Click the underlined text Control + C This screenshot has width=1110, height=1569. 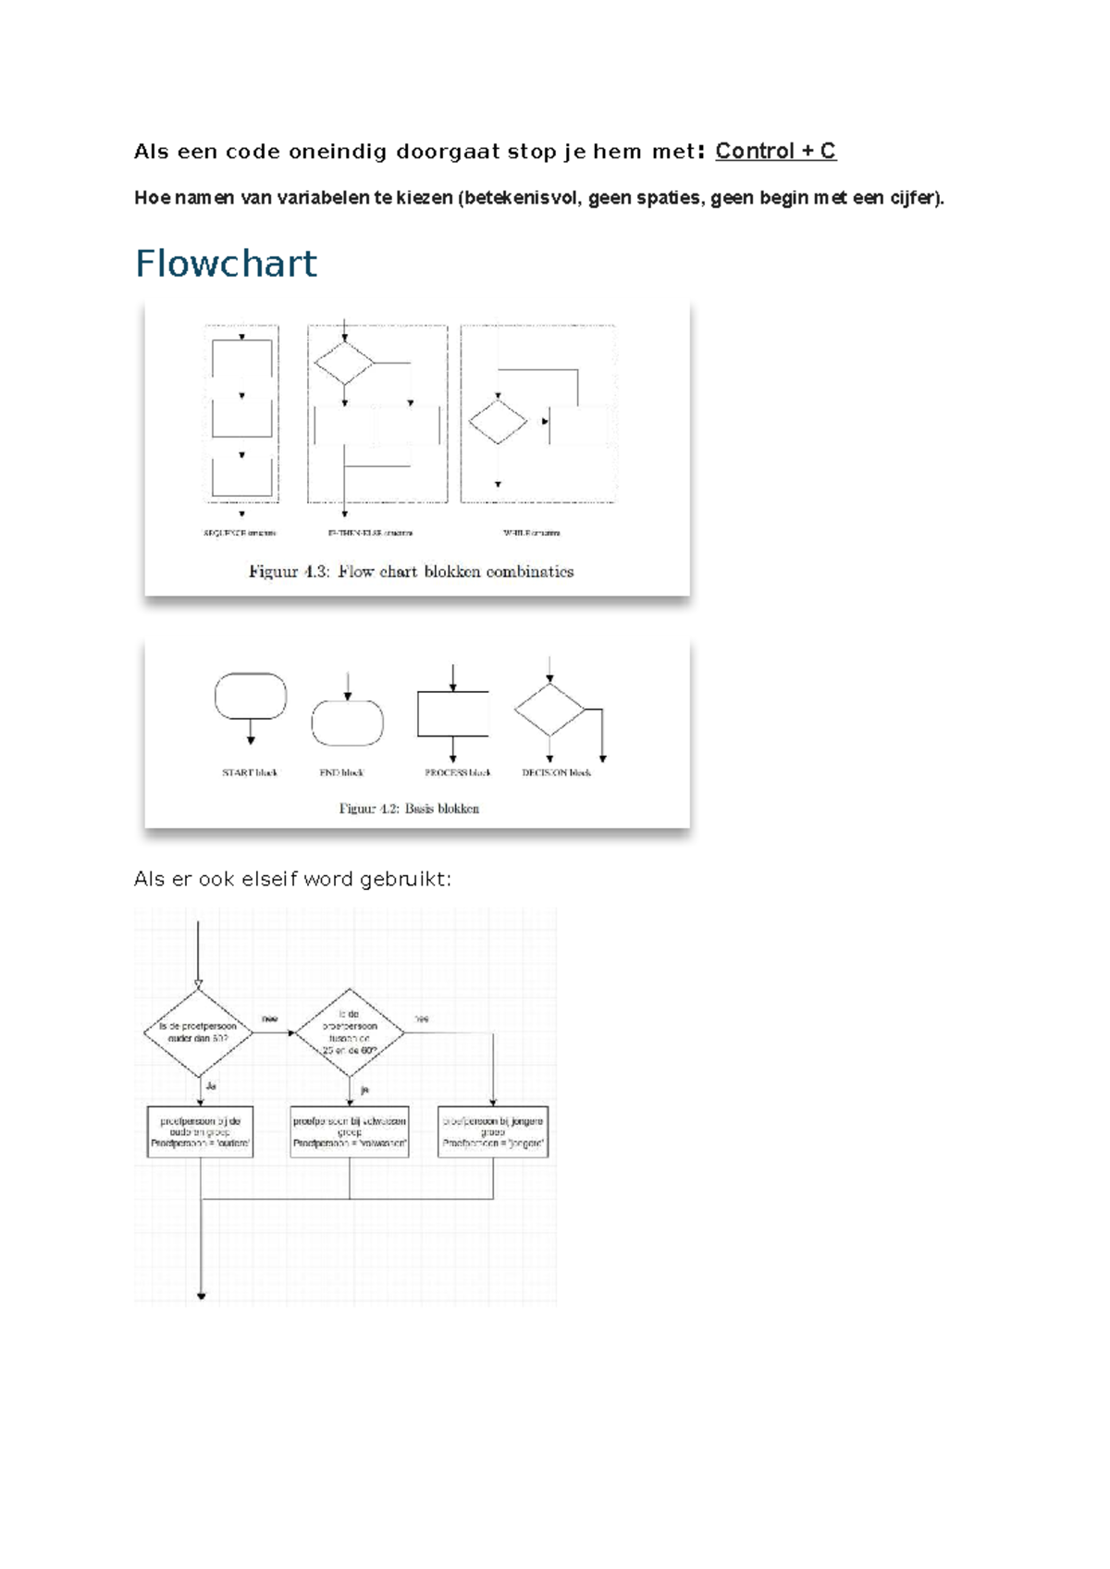(775, 151)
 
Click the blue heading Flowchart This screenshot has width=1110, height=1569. (226, 264)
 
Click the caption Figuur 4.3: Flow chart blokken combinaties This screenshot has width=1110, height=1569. (411, 572)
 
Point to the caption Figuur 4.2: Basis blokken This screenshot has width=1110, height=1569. (409, 809)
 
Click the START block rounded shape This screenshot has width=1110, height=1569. (251, 697)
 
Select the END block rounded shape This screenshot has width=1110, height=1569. (348, 723)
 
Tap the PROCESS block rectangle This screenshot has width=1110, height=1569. (453, 713)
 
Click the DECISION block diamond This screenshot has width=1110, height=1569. (550, 710)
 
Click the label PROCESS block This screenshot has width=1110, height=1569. (457, 772)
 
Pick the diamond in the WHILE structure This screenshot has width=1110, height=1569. (498, 422)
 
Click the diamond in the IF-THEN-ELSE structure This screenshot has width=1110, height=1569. (344, 363)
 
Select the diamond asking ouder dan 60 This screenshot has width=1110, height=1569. (199, 1032)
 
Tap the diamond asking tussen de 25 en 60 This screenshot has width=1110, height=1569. (350, 1032)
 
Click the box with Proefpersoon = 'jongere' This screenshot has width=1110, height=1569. (493, 1131)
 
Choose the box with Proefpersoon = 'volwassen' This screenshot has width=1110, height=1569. (350, 1131)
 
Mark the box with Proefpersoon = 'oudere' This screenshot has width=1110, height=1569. (200, 1131)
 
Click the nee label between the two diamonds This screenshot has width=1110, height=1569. (269, 1019)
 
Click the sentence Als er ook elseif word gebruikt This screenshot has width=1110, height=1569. (292, 879)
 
